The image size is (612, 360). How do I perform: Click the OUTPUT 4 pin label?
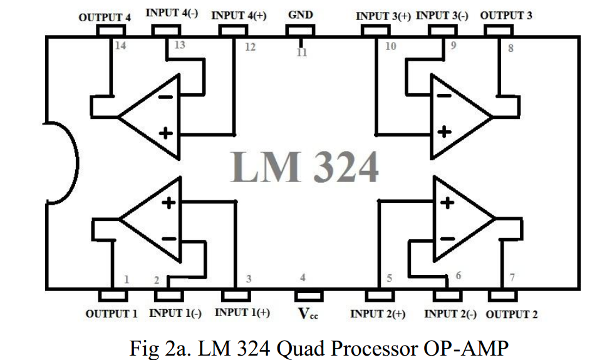[105, 18]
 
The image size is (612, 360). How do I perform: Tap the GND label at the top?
[301, 15]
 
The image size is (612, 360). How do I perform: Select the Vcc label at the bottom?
[308, 314]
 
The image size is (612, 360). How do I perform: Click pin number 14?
[120, 46]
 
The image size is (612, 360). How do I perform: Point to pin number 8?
[511, 48]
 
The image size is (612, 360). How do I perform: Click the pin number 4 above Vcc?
[303, 277]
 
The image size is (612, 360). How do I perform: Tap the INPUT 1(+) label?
[242, 312]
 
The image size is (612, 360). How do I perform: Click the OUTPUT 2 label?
[511, 314]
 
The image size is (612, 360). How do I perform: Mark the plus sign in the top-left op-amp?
[166, 133]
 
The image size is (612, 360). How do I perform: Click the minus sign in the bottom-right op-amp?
[447, 239]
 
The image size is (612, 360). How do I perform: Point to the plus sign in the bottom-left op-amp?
[169, 203]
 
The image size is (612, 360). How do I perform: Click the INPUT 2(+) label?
[377, 314]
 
